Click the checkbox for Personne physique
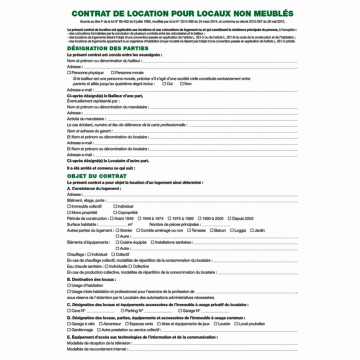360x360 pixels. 69,72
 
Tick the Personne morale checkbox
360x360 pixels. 112,72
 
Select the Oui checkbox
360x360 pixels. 164,83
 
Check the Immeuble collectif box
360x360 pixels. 69,206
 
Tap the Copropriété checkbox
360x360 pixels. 115,212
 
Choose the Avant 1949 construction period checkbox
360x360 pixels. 111,218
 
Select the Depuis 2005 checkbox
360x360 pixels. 228,218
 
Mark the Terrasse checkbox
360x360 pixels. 189,230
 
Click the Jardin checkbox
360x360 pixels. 251,230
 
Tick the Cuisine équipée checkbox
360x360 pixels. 117,242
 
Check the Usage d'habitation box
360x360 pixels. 69,285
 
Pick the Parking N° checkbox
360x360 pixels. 122,310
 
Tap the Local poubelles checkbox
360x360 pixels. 236,323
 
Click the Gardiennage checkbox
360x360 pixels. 69,330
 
